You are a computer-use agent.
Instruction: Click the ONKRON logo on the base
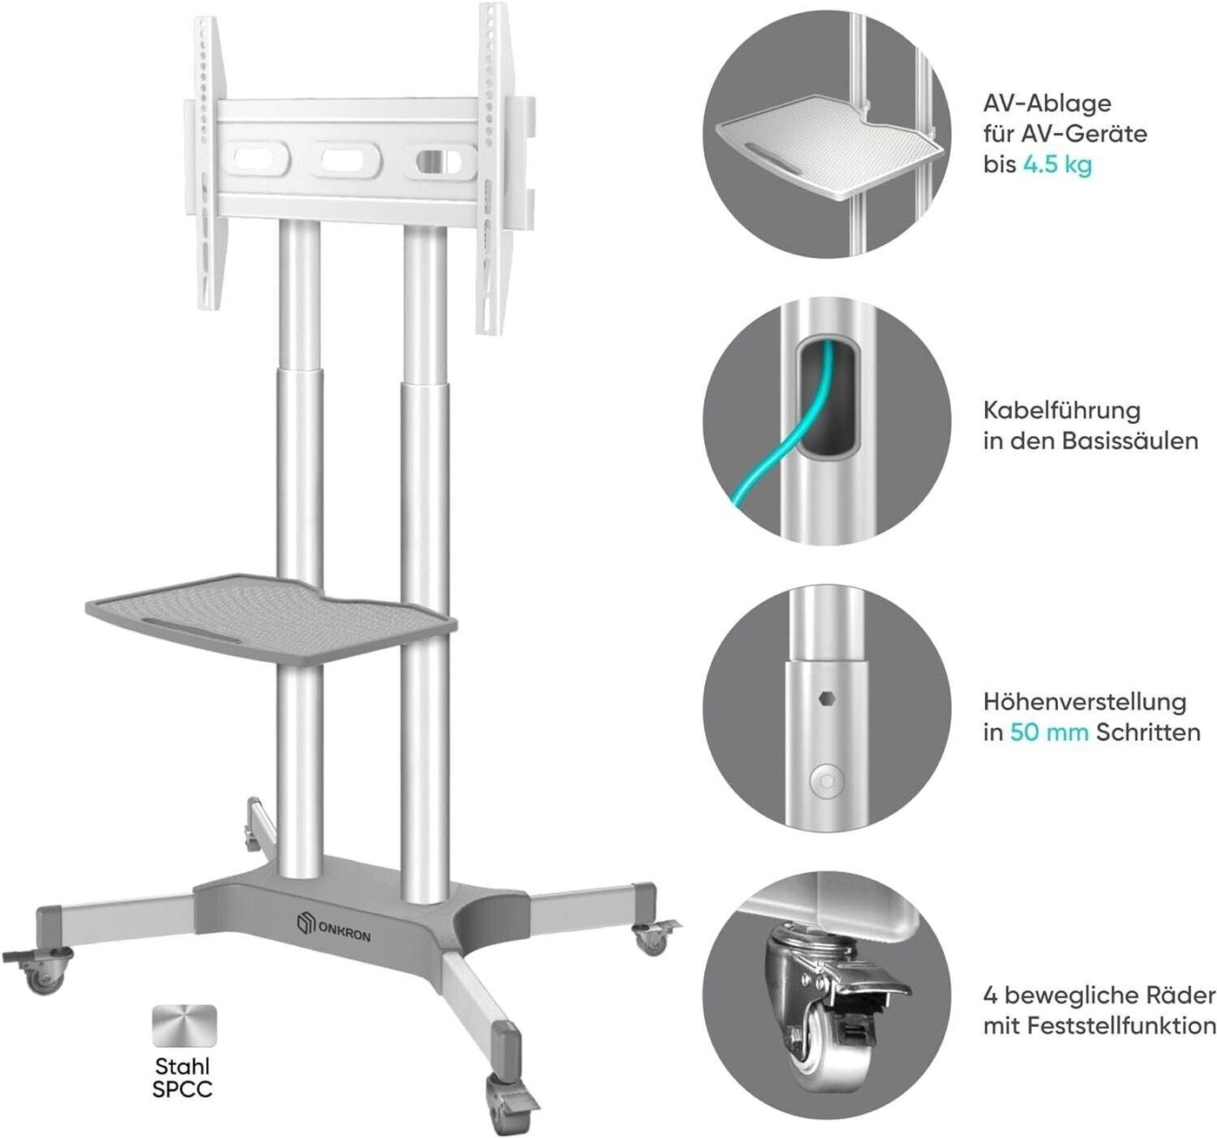coord(333,925)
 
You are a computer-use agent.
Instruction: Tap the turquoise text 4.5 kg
coord(1058,165)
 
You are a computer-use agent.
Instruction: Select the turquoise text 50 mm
coord(1049,732)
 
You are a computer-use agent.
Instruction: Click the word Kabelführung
coord(1062,410)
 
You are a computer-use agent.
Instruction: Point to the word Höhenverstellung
coord(1085,702)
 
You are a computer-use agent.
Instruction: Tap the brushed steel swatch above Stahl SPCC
coord(184,1025)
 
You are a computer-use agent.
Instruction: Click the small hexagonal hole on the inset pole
coord(826,698)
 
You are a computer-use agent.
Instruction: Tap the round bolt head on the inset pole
coord(827,782)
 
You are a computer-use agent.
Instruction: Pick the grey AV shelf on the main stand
coord(271,620)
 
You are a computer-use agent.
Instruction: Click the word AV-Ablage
coord(1047,103)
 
